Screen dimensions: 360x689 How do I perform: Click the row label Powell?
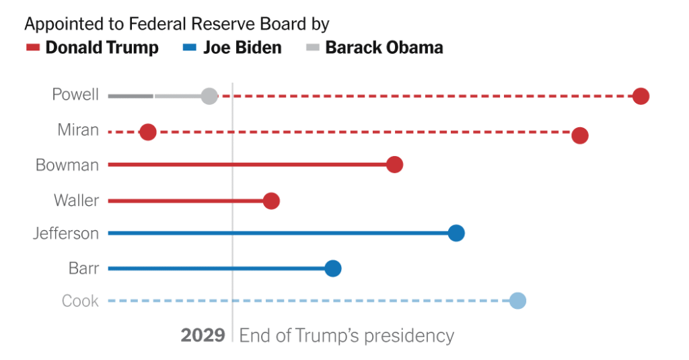click(75, 95)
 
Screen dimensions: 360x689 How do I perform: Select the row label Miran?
click(78, 130)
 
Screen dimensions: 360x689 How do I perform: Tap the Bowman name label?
click(67, 165)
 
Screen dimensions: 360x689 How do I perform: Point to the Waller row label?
click(76, 200)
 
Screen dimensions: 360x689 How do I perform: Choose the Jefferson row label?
click(66, 233)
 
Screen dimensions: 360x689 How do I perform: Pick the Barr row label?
click(83, 268)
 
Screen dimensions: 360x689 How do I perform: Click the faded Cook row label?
click(80, 301)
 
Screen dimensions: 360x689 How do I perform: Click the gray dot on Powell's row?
click(209, 96)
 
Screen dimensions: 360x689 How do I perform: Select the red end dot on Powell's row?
click(641, 96)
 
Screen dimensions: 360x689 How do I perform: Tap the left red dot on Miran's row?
click(148, 132)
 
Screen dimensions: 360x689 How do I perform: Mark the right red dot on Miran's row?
click(580, 135)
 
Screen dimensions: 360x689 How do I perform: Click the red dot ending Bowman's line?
click(394, 165)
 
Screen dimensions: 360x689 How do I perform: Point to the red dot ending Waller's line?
click(271, 201)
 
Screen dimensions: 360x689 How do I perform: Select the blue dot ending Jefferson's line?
click(456, 233)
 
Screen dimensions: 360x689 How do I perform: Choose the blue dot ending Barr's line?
click(333, 268)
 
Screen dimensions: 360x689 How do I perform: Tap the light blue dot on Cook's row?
click(517, 301)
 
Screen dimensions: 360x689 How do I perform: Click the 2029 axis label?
click(203, 335)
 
